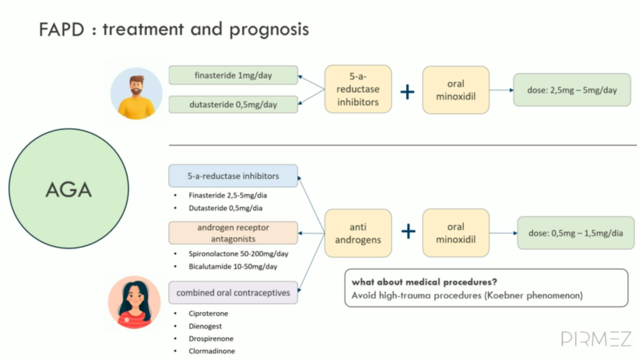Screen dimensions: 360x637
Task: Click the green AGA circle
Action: coord(69,189)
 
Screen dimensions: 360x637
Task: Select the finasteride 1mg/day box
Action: coord(233,76)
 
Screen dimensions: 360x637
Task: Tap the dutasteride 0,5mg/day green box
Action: coord(233,104)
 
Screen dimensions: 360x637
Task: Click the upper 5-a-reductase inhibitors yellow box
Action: coord(358,90)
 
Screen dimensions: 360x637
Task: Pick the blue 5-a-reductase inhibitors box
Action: coord(233,176)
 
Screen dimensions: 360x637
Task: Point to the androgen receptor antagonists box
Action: coord(233,233)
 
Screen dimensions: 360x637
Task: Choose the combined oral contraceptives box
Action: coord(233,293)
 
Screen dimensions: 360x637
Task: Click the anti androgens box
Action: coord(358,233)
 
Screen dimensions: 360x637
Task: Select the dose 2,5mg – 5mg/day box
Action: coord(572,90)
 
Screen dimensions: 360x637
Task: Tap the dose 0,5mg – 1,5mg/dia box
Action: coord(575,233)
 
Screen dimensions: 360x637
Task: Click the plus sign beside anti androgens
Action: coord(408,231)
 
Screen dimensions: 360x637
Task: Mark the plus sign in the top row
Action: coord(408,91)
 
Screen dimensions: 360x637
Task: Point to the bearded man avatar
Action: coord(136,94)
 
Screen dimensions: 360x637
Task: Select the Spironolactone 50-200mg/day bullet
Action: coord(233,254)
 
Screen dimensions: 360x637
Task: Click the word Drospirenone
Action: coord(211,339)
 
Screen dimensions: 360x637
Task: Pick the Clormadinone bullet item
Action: coord(212,351)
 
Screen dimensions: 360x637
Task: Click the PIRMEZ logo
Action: coord(596,339)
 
